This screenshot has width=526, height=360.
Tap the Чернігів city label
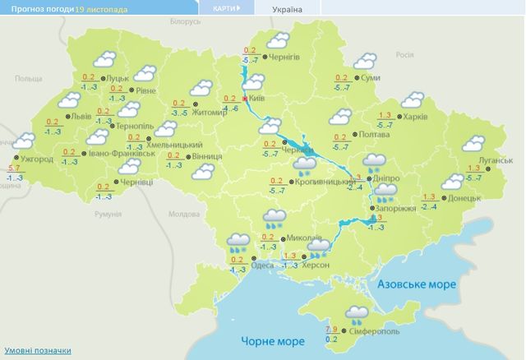coord(293,57)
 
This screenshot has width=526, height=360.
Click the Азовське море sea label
coord(417,284)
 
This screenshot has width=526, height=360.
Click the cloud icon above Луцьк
coord(104,60)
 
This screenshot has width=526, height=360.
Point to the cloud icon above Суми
coord(365,62)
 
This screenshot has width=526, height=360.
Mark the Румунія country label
coord(108,214)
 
